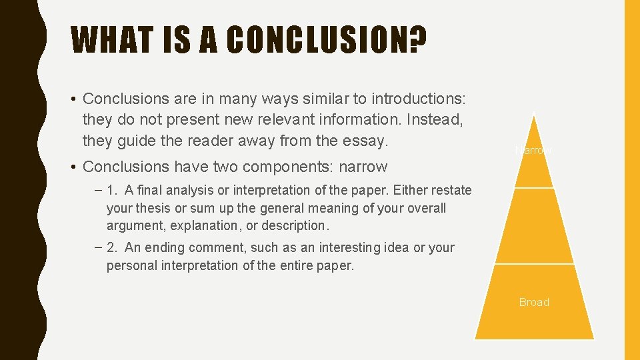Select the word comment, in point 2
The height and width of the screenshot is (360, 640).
[x=220, y=247]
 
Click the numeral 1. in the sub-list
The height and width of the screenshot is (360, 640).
[x=112, y=190]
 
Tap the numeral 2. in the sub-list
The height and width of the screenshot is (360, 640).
[x=112, y=247]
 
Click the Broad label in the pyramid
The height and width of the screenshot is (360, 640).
[x=534, y=302]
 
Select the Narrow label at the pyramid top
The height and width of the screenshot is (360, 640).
[x=533, y=151]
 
